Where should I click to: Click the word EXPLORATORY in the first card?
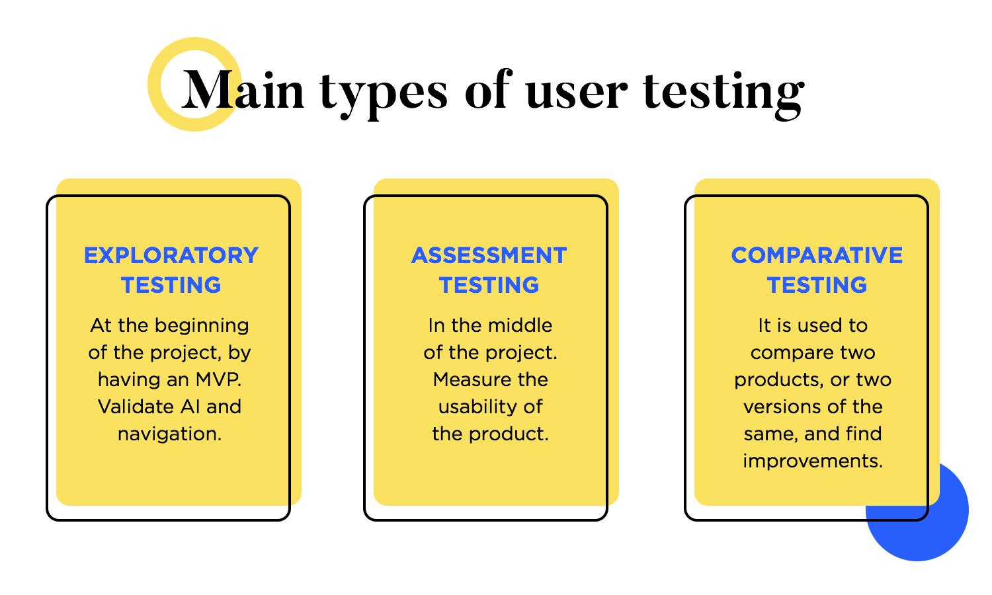tap(171, 255)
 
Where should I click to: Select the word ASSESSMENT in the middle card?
tap(489, 255)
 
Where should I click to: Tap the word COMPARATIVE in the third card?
tap(817, 255)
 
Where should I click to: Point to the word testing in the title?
tap(723, 93)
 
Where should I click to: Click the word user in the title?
tap(576, 94)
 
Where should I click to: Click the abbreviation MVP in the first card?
tap(218, 379)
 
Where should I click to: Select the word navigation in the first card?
tap(169, 434)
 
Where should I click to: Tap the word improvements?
tap(813, 461)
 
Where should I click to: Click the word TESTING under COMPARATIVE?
tap(817, 285)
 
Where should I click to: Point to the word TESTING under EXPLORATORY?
tap(171, 285)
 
